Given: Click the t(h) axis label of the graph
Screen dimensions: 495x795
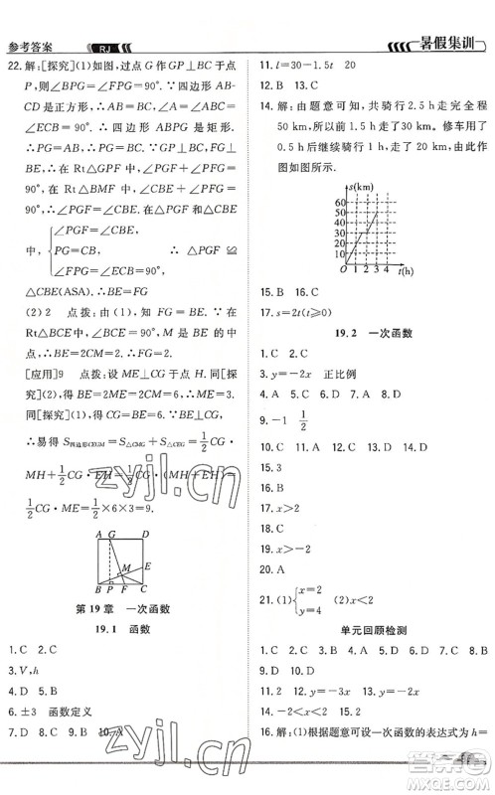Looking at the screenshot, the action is pyautogui.click(x=408, y=271).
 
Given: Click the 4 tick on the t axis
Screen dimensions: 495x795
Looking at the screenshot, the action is pyautogui.click(x=388, y=269).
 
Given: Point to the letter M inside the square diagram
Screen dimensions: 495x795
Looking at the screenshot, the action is pyautogui.click(x=125, y=568).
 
